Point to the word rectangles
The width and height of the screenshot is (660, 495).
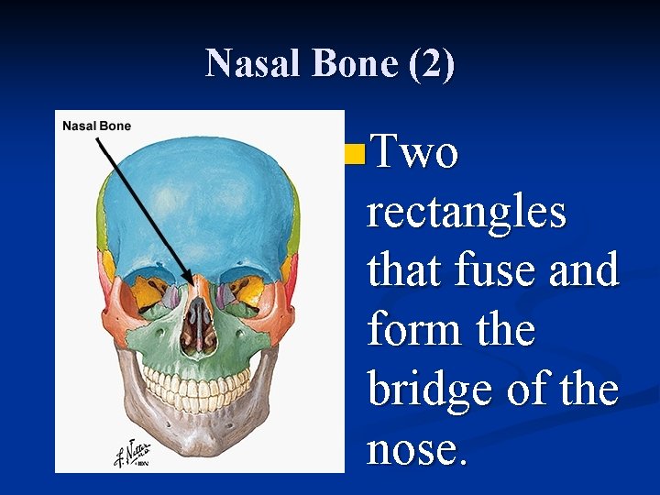[466, 214]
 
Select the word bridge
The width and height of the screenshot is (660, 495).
[434, 390]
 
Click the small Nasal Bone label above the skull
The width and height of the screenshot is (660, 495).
[96, 126]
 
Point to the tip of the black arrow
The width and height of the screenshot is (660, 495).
[192, 285]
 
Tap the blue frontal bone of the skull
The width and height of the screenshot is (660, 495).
[197, 202]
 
